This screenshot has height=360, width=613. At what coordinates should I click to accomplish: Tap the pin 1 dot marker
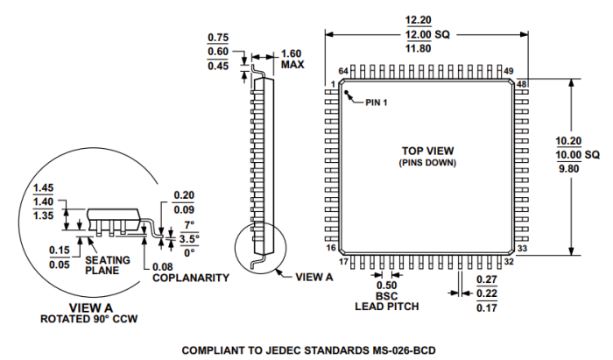point(348,94)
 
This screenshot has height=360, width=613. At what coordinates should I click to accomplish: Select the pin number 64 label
point(343,71)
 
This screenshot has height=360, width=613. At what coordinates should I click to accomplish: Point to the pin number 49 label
point(509,71)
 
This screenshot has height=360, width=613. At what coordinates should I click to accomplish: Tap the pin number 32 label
point(509,261)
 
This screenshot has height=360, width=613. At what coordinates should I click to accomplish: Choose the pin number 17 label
point(343,261)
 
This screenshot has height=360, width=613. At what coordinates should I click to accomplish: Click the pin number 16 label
point(331,249)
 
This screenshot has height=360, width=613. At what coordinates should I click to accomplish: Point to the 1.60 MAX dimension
point(292,59)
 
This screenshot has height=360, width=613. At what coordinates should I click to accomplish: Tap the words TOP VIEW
point(428,151)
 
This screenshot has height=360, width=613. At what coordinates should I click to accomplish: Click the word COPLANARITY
point(191,278)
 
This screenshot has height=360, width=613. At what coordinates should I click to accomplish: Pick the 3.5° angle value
point(189,238)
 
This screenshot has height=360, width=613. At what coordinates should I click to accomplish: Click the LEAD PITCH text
point(386,307)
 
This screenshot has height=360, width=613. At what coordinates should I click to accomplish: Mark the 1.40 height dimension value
point(43,201)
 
